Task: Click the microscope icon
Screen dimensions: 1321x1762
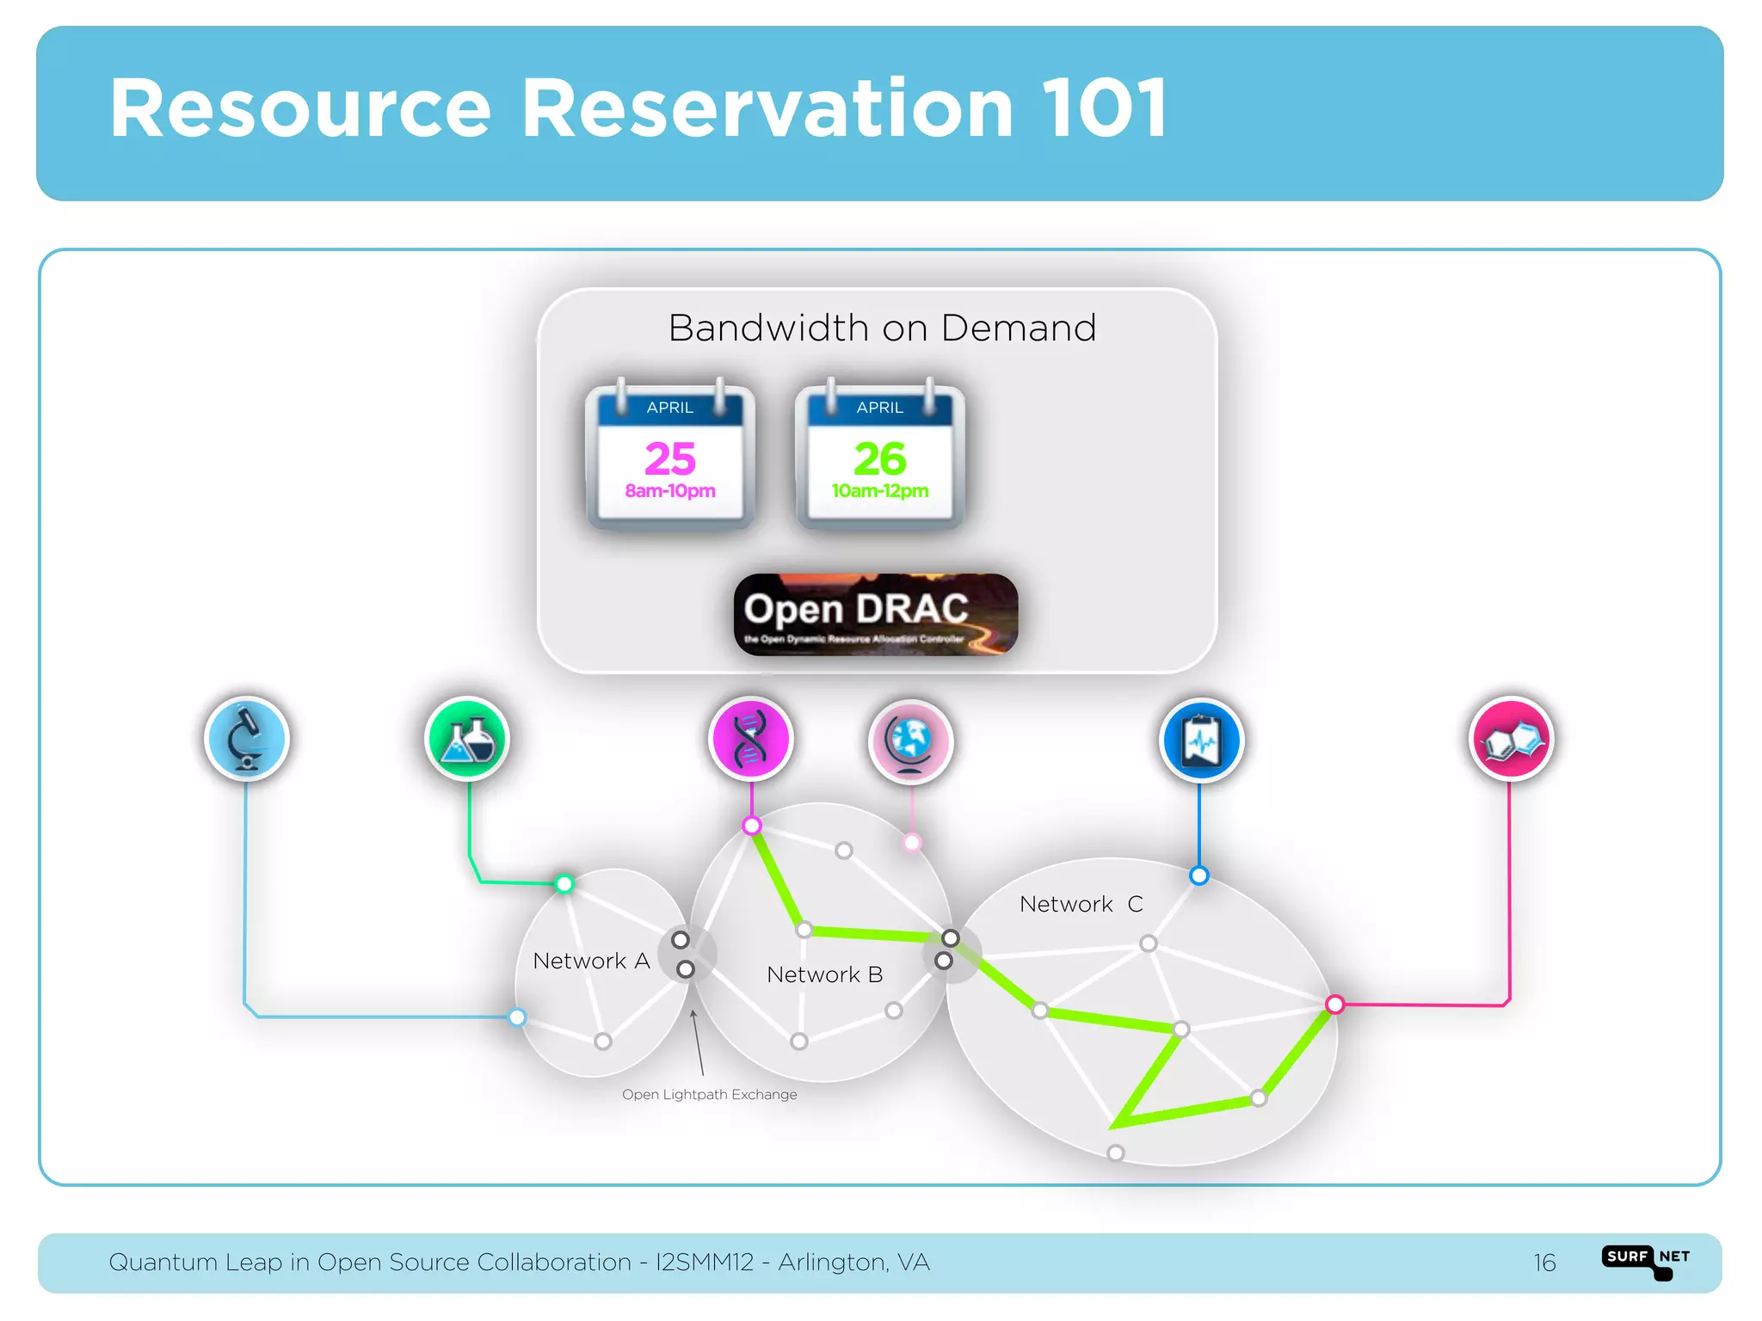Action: pos(247,739)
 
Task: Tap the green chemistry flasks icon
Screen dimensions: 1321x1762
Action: pos(467,739)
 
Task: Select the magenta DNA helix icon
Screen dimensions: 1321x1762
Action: pos(750,739)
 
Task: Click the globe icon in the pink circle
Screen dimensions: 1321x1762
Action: pos(910,740)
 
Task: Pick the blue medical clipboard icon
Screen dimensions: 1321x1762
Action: pos(1201,740)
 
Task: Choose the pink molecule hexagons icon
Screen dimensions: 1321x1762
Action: pos(1511,739)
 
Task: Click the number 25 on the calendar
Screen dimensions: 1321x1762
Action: pos(670,458)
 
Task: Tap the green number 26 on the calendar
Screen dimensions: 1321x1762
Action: pos(879,458)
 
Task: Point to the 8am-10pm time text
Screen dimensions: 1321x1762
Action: pos(670,491)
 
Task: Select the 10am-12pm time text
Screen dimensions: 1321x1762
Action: pos(879,491)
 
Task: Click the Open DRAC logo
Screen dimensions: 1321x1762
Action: pos(875,614)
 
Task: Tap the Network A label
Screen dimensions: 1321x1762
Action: pos(591,961)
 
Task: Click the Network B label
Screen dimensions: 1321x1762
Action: pos(824,974)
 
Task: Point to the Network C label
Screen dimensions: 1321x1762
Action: pos(1081,904)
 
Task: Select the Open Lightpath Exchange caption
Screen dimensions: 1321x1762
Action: pos(709,1095)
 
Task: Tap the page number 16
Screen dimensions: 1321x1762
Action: pos(1544,1263)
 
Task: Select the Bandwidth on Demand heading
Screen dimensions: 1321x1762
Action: pos(882,328)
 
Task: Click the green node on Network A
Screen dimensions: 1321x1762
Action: pos(564,883)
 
